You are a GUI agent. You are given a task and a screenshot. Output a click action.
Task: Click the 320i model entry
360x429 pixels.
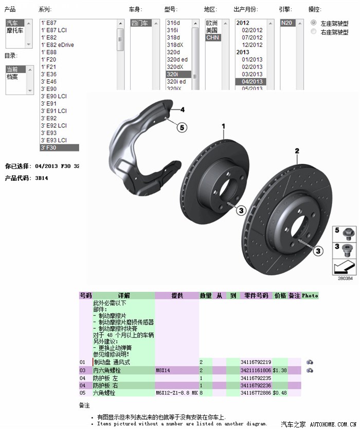172,74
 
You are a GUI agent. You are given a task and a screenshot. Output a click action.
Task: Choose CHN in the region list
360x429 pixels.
213,38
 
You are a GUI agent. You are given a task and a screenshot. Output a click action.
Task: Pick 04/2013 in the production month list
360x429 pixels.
252,82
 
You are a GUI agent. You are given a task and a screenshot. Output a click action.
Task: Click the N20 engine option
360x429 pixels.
286,23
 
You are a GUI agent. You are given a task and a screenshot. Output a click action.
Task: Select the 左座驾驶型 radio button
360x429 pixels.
314,23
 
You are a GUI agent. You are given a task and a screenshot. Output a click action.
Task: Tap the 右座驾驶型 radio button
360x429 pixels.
314,32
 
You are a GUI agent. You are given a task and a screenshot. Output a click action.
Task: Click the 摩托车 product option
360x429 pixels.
14,30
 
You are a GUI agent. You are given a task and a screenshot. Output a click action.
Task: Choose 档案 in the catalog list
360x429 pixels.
12,77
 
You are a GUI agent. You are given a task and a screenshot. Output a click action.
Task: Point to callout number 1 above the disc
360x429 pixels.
224,126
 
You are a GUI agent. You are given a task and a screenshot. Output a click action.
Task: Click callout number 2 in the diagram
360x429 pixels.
297,151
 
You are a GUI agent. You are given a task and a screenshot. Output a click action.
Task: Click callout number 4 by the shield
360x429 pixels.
182,109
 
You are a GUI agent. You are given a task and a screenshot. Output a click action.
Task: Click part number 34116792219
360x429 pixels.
256,362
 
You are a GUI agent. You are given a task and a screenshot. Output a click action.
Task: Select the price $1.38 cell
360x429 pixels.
280,370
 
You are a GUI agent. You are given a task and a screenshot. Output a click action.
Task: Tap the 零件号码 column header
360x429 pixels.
256,295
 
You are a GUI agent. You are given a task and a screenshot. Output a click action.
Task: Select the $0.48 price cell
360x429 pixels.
280,393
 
